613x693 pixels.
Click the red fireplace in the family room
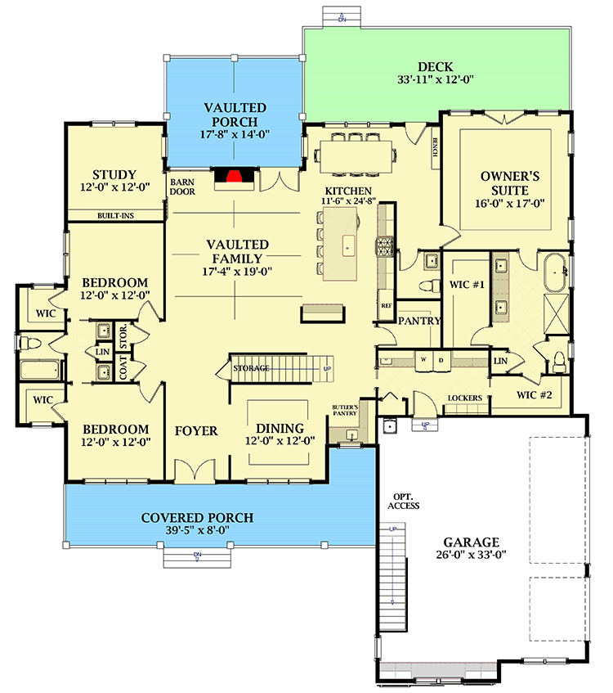[x=234, y=176]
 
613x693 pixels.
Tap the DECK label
[x=435, y=66]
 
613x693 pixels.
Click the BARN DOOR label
[x=182, y=187]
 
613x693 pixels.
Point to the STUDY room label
[x=114, y=174]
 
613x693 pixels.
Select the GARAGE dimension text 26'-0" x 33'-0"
[x=471, y=556]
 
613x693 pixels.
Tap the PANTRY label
[x=419, y=322]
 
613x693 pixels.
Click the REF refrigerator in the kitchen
[x=387, y=304]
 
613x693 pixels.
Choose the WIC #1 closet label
[x=468, y=286]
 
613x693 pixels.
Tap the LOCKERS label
[x=464, y=398]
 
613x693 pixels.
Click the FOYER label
[x=196, y=430]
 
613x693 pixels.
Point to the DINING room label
[x=280, y=428]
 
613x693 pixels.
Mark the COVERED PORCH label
[x=197, y=518]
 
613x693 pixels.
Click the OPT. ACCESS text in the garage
[x=404, y=502]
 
